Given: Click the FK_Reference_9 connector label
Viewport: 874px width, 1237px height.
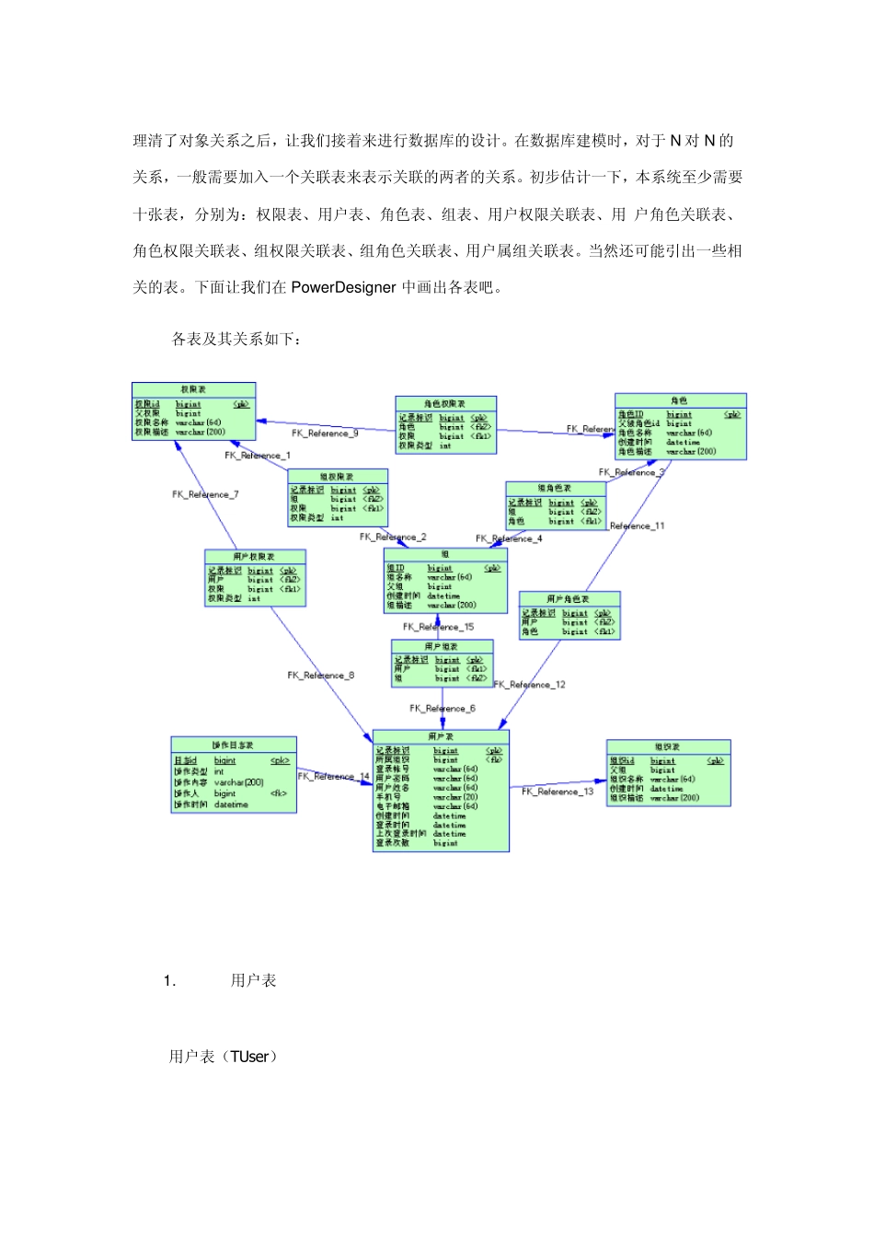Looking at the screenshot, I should pos(325,433).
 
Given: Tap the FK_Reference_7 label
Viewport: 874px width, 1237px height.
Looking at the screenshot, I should pos(205,494).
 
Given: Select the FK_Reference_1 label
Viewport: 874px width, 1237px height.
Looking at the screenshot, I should pos(258,455).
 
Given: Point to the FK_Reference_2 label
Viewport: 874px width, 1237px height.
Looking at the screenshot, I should pos(393,537).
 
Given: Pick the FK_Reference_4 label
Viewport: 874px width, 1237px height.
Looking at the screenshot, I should pos(509,538).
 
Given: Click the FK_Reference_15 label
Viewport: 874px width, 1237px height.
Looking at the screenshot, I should pos(438,627).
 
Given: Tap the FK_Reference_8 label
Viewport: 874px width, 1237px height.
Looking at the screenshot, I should pos(320,675).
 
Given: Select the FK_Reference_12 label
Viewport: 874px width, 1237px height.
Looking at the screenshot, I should pos(530,685).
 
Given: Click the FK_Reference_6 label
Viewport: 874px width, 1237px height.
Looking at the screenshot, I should pos(443,708).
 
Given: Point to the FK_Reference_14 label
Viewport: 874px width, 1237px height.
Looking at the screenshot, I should pos(333,776).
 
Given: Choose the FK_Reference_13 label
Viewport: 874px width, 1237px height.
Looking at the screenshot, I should pos(558,792).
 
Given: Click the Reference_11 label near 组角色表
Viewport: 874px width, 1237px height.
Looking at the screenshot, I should pos(637,526).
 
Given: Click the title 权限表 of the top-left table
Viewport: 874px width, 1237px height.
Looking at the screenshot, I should pos(193,390).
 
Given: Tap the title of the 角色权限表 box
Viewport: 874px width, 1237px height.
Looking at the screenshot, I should pos(445,403).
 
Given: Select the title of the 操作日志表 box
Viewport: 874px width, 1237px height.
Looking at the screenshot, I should pos(233,745).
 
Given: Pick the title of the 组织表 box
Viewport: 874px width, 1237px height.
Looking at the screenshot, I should pos(668,747).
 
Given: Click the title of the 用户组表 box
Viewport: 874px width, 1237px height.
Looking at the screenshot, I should pos(442,646).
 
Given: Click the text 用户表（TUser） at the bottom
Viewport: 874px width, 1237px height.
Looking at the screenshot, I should pos(223,1057).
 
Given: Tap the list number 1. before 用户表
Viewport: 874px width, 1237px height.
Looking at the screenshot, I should pos(169,981).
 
